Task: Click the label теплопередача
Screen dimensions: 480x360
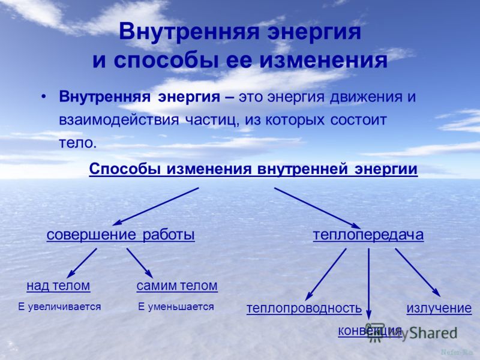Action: click(x=368, y=235)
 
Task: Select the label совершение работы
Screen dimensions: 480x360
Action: click(x=121, y=235)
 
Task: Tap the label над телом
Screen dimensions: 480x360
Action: click(x=58, y=286)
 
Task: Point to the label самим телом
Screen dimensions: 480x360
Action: click(x=177, y=286)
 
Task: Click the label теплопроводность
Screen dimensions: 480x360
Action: click(x=304, y=308)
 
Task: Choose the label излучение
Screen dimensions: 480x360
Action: click(x=439, y=308)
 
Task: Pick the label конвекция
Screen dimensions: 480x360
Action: click(x=370, y=331)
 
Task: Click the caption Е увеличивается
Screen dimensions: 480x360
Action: click(x=59, y=307)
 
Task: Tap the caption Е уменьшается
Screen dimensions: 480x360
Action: click(x=176, y=307)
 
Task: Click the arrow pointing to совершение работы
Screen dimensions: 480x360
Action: click(x=156, y=206)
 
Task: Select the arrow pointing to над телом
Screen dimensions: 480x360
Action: click(x=82, y=263)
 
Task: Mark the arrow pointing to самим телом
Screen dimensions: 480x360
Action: click(x=140, y=263)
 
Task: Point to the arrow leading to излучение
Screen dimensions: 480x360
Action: click(x=418, y=272)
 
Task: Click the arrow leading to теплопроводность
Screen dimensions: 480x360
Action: click(x=326, y=274)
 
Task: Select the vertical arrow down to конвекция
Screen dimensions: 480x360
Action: click(x=368, y=284)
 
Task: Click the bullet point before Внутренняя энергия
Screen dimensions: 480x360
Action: click(x=44, y=97)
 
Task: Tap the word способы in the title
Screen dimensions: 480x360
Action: click(x=166, y=61)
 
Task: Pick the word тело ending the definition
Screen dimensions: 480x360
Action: click(x=78, y=143)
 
